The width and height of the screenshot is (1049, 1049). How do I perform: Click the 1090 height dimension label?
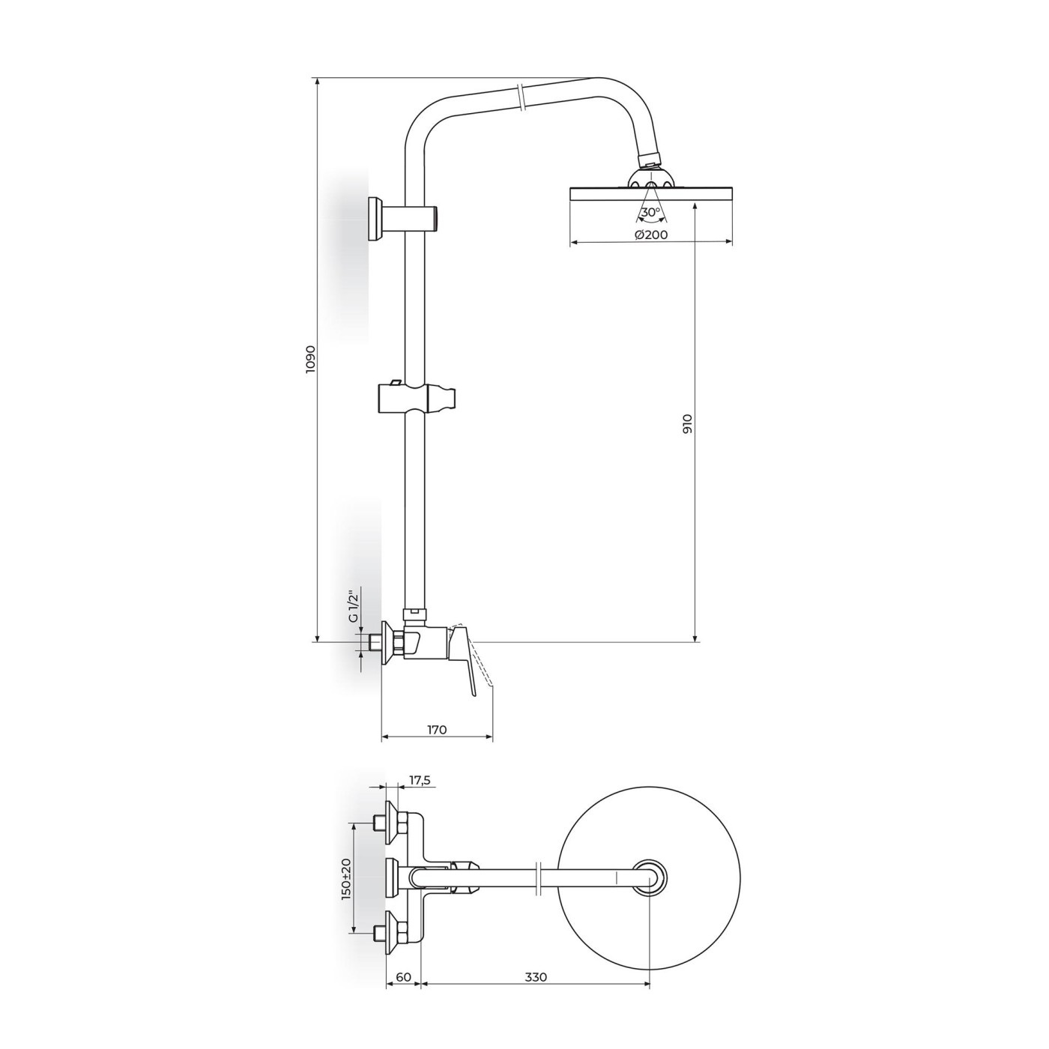point(311,360)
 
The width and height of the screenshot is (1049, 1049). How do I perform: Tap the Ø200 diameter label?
point(650,235)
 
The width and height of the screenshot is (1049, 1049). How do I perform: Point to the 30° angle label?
point(650,212)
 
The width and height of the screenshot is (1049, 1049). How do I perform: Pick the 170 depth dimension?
point(437,729)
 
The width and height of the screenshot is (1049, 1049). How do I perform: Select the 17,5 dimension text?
point(420,780)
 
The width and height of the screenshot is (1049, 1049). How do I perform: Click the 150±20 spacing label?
point(346,878)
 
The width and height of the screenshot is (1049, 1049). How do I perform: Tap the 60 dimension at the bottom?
point(403,977)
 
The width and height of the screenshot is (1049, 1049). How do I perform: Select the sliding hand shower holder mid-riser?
point(416,397)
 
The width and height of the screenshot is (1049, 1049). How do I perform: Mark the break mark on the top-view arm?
point(539,879)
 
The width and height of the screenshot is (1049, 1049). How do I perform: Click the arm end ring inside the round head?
point(649,878)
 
